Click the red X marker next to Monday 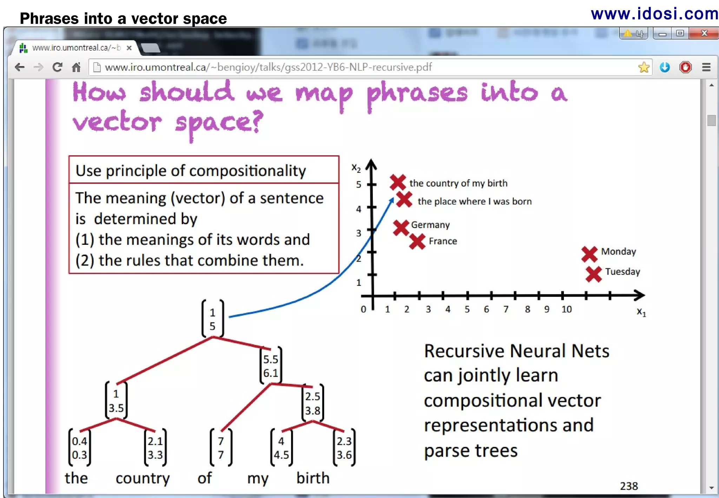point(589,254)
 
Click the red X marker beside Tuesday point(593,274)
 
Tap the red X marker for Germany point(401,228)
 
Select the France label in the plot point(443,241)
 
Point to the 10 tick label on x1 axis point(566,309)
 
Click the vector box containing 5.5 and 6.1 point(271,366)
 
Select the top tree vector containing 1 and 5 point(212,319)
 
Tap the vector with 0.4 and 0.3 point(79,448)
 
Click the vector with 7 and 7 point(221,448)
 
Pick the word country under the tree point(143,478)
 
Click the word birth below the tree point(313,478)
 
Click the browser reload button point(57,67)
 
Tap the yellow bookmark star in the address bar point(644,67)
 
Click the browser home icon point(76,67)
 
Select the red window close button point(704,33)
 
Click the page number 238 point(628,486)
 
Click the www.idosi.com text point(654,14)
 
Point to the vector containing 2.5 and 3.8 point(312,403)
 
